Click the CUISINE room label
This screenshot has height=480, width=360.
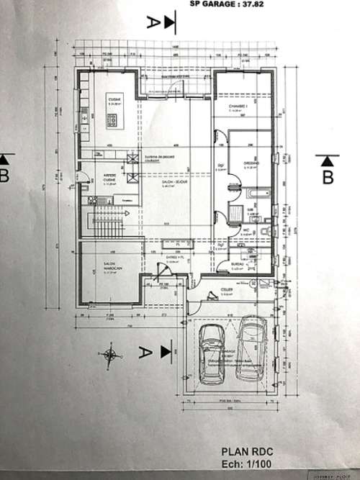113,99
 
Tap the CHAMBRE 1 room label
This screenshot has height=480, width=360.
238,105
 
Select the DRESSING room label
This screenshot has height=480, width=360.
251,163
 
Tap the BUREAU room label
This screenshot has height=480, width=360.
239,265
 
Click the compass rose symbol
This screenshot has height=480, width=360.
110,353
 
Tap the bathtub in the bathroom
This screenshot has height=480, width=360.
258,194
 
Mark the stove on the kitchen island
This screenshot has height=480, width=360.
112,121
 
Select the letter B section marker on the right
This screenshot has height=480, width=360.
328,176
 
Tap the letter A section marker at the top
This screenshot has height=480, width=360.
152,21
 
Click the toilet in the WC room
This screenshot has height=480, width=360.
265,230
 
